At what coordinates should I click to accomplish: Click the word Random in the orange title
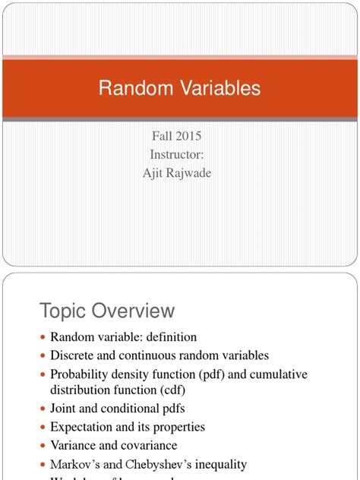point(130,88)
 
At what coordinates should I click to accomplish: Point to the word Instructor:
point(178,155)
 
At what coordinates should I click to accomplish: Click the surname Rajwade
point(192,173)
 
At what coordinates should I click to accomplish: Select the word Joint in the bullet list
point(64,409)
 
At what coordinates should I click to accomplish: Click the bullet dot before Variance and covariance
point(43,447)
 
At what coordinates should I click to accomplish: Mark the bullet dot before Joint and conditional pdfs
point(43,410)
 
